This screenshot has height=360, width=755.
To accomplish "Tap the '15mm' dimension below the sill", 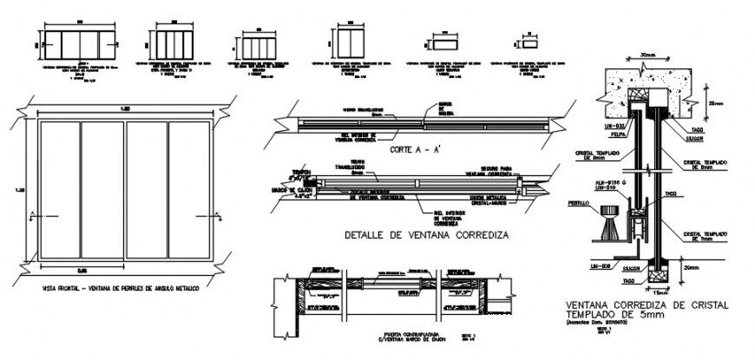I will [x=653, y=294].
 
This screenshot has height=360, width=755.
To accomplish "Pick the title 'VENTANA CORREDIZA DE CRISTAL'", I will [x=647, y=305].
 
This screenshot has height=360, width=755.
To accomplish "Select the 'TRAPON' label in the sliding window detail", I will [x=301, y=172].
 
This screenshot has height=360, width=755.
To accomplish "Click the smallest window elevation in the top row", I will [x=526, y=40].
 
